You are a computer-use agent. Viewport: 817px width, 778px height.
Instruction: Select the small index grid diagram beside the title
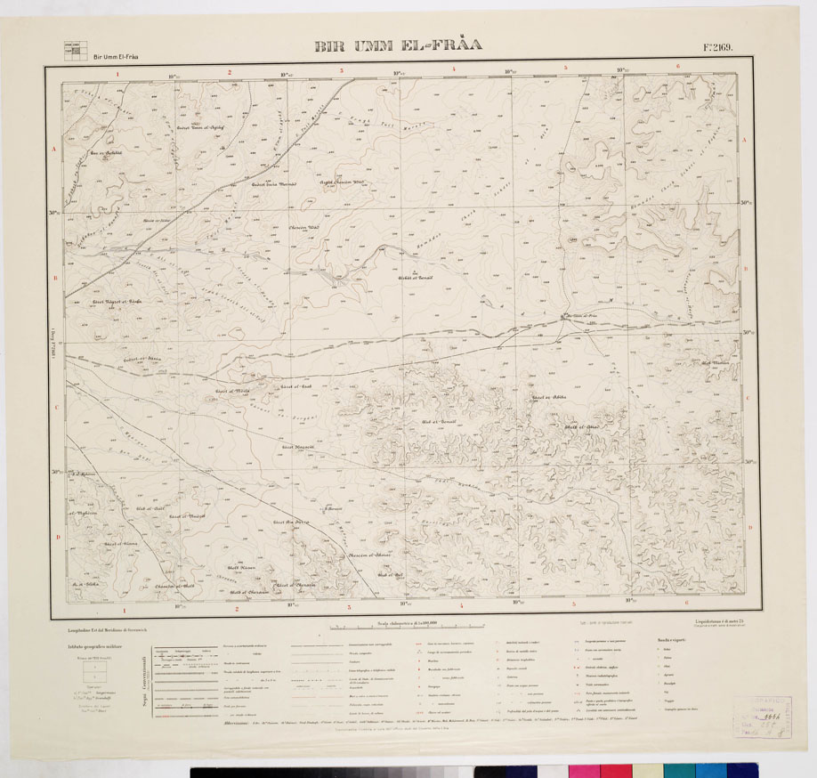(72, 51)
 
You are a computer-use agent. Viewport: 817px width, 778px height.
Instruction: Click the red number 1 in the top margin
(117, 75)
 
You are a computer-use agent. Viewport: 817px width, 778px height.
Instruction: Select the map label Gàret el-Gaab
(294, 387)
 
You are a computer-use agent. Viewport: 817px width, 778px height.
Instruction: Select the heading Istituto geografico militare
(92, 647)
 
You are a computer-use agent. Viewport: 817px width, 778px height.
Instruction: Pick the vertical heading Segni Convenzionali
(143, 680)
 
